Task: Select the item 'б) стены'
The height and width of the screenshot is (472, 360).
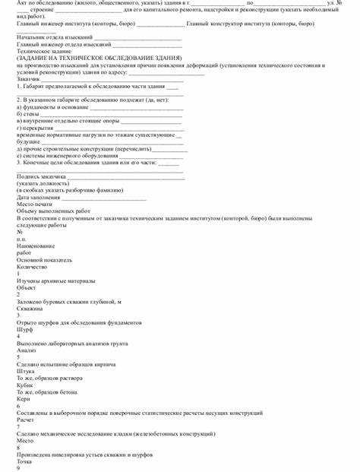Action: click(x=30, y=113)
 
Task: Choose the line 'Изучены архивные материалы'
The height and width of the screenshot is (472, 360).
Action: click(x=55, y=280)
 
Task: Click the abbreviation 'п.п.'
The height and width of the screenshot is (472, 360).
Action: click(x=21, y=238)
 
